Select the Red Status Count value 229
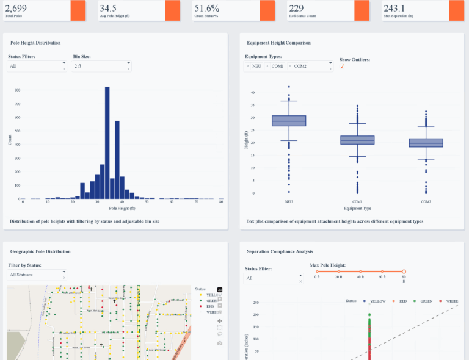click(x=296, y=8)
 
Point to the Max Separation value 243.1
click(x=394, y=8)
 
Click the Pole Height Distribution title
click(x=35, y=43)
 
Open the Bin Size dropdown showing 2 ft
click(x=101, y=66)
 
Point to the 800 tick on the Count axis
click(x=17, y=90)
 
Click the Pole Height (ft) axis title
click(x=122, y=208)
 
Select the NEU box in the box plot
click(x=289, y=121)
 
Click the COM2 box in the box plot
click(x=426, y=143)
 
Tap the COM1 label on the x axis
click(x=357, y=201)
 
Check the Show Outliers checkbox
click(x=342, y=67)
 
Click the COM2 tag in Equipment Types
click(x=300, y=66)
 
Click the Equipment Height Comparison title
click(x=278, y=43)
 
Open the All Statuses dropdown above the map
click(x=37, y=275)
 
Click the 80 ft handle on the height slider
click(x=404, y=271)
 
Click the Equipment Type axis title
click(x=357, y=208)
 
